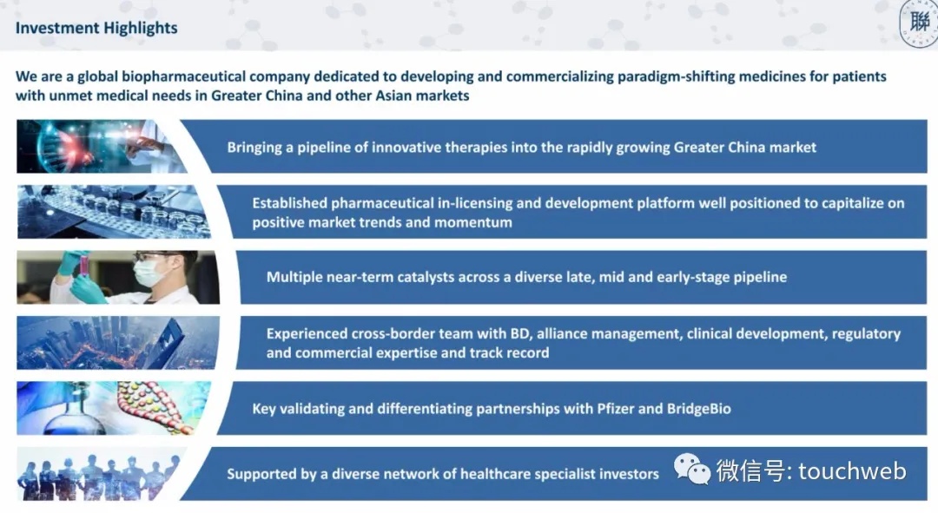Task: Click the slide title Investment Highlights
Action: [x=96, y=28]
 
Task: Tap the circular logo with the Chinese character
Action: [x=919, y=23]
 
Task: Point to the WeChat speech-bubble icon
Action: [x=692, y=468]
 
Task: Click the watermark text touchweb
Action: [x=852, y=471]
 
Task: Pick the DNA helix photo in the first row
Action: [x=102, y=147]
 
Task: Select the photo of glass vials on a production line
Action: [x=114, y=212]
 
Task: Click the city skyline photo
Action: [x=118, y=343]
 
